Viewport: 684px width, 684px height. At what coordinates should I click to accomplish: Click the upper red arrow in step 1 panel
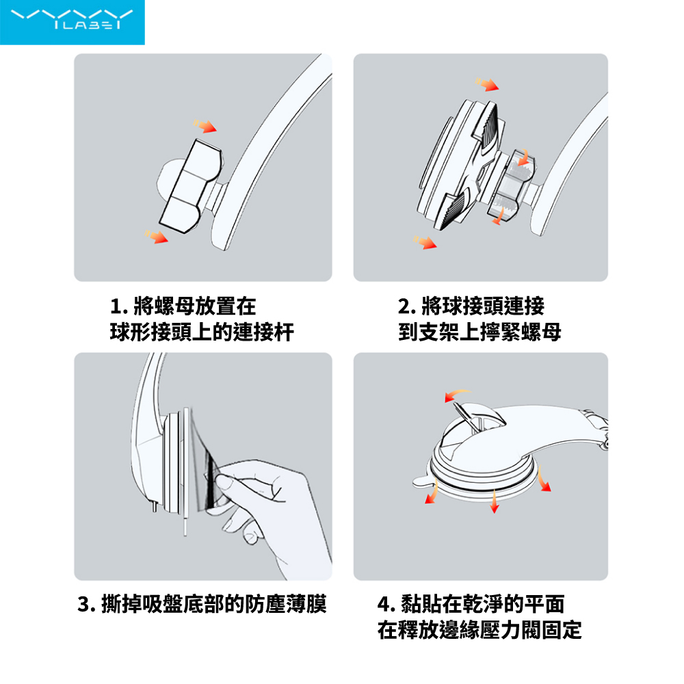click(205, 126)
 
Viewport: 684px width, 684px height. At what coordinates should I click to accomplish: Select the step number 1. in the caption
click(119, 306)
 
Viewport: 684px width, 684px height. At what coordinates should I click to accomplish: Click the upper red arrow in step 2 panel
click(487, 84)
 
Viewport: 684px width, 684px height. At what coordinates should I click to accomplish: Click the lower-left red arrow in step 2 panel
click(425, 242)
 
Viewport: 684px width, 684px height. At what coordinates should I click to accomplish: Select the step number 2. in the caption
click(406, 306)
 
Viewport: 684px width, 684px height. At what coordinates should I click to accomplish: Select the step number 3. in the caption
click(86, 605)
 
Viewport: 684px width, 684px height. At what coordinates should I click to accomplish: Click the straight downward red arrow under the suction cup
click(495, 501)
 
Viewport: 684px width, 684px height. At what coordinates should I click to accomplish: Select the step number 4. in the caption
click(386, 605)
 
